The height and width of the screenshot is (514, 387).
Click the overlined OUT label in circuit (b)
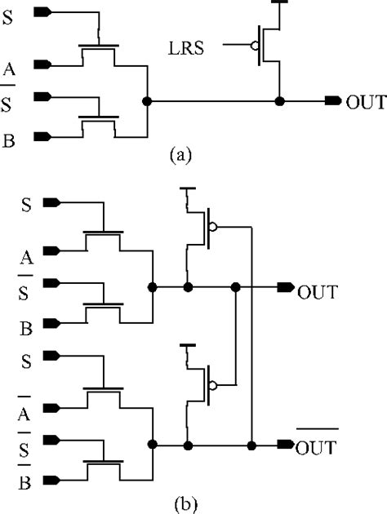click(x=317, y=445)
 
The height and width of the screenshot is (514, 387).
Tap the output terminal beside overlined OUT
click(x=286, y=445)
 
